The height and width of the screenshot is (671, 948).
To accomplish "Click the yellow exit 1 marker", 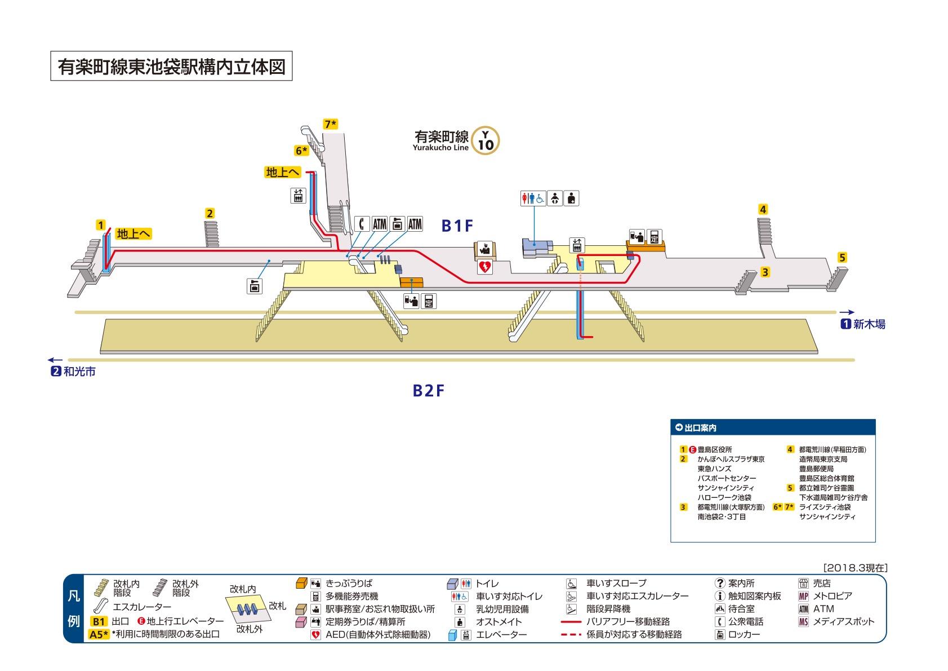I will coord(101,226).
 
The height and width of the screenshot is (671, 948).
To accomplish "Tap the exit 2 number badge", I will coord(210,213).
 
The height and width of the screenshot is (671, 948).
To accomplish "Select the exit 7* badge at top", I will coord(330,124).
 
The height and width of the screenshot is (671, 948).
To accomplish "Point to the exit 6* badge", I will coord(302,151).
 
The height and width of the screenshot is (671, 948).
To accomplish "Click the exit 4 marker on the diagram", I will coord(763,210).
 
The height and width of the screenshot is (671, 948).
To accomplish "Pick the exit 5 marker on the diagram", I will coord(842,258).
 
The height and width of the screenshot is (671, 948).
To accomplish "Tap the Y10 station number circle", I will coord(486,141).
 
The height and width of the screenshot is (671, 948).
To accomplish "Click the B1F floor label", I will coord(457,226).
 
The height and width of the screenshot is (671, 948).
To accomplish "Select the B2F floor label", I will coord(429,390).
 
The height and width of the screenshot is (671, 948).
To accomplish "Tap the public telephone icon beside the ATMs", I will coord(361,224).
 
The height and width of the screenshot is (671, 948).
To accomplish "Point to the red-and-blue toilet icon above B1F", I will coord(532,198).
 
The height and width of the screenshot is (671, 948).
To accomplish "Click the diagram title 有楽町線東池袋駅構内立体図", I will coord(171,67).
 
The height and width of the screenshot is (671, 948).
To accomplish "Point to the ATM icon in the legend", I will coord(803,609).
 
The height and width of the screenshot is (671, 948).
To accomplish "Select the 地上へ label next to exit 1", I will coord(134,234).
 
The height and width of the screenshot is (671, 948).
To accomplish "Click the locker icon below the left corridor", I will coord(255,285).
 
